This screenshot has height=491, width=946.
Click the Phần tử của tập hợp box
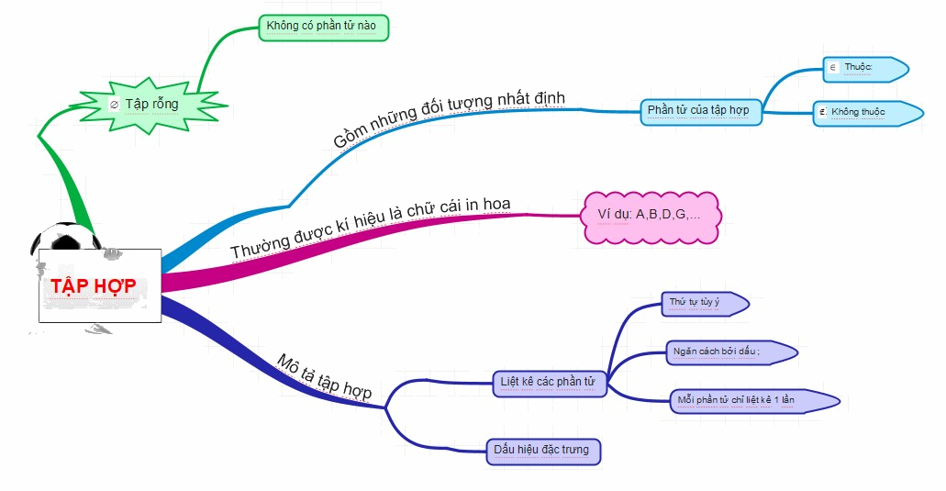[699, 110]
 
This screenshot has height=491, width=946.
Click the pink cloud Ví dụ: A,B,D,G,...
[648, 216]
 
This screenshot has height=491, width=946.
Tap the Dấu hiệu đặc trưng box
[543, 450]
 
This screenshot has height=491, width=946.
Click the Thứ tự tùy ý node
[702, 303]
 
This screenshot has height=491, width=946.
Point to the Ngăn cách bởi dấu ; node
[729, 352]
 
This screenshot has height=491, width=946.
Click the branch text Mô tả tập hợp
[325, 376]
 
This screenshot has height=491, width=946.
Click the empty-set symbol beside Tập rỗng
[114, 105]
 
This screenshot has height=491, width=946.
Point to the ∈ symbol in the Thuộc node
[832, 68]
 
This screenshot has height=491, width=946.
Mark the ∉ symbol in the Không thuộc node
[823, 113]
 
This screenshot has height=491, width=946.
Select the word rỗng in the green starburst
[165, 104]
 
